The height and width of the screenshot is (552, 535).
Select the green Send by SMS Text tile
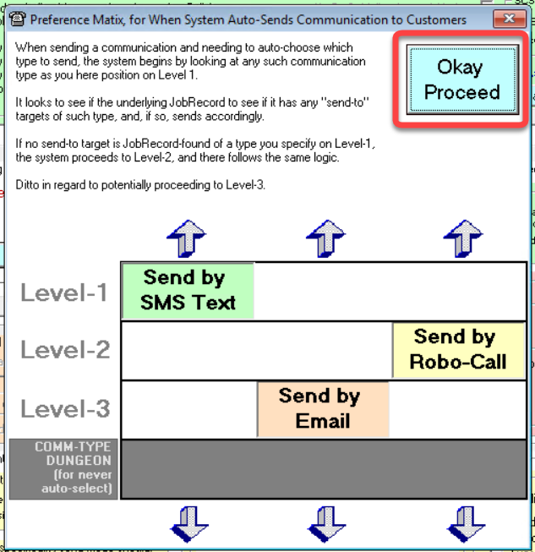pos(188,290)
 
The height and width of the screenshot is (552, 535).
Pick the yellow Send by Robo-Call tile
pos(458,350)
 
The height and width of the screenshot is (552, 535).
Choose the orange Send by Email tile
pos(323,408)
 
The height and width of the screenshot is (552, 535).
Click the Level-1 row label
pos(65,292)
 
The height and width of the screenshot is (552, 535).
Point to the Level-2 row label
pos(65,350)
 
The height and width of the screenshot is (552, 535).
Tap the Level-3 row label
pos(65,409)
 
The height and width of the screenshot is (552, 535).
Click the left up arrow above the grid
pos(187,238)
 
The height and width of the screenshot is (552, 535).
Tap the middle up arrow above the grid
pos(325,238)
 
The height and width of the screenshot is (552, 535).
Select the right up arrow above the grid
pos(462,238)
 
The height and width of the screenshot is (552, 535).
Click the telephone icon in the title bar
pos(16,19)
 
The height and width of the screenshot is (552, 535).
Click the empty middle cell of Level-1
pos(323,291)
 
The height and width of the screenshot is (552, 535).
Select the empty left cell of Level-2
pos(188,350)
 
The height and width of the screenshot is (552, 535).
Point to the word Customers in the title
pos(436,19)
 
